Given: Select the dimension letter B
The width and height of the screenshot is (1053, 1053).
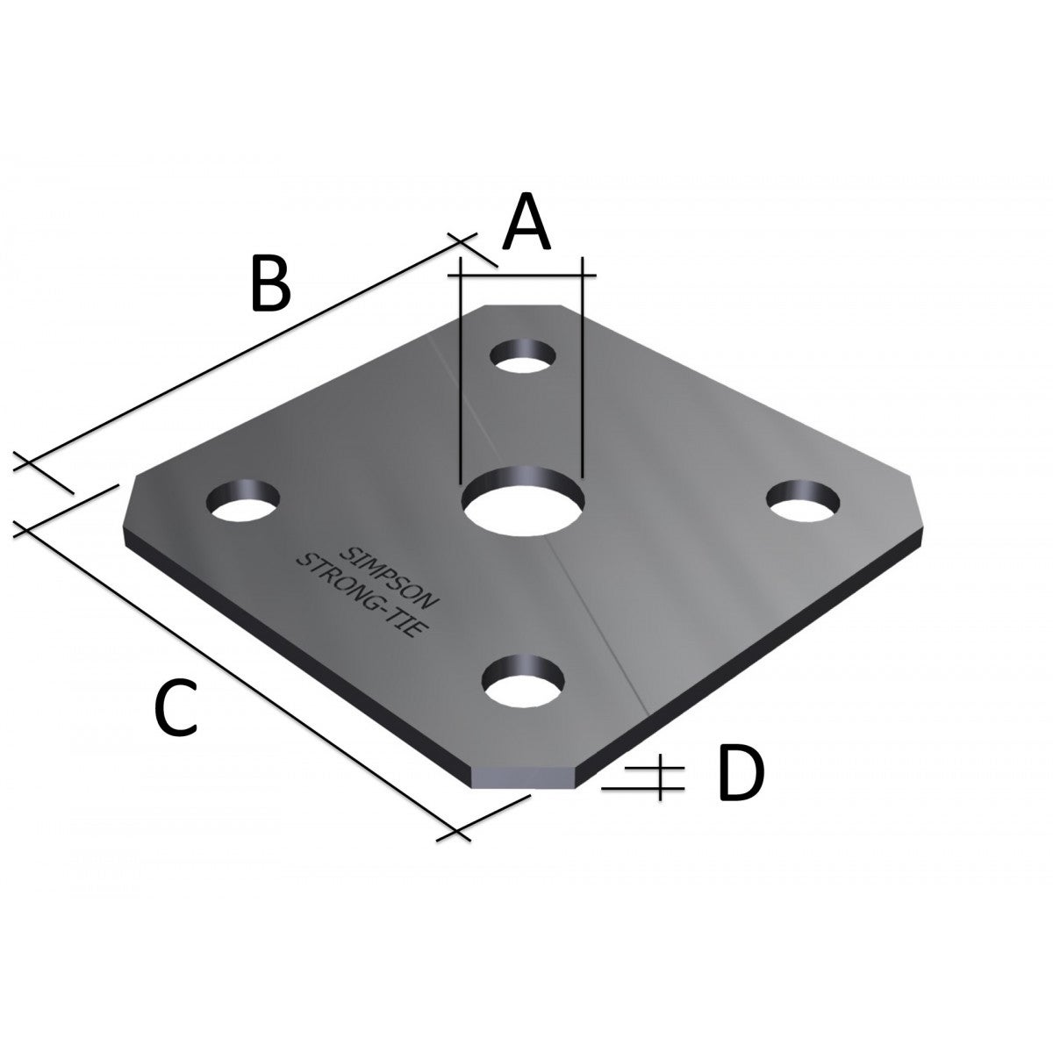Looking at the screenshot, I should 270,283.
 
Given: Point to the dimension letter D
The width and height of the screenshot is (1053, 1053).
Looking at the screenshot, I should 741,773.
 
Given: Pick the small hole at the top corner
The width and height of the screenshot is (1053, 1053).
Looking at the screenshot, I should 523,356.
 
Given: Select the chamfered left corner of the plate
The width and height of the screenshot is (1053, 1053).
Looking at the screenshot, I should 128,509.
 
